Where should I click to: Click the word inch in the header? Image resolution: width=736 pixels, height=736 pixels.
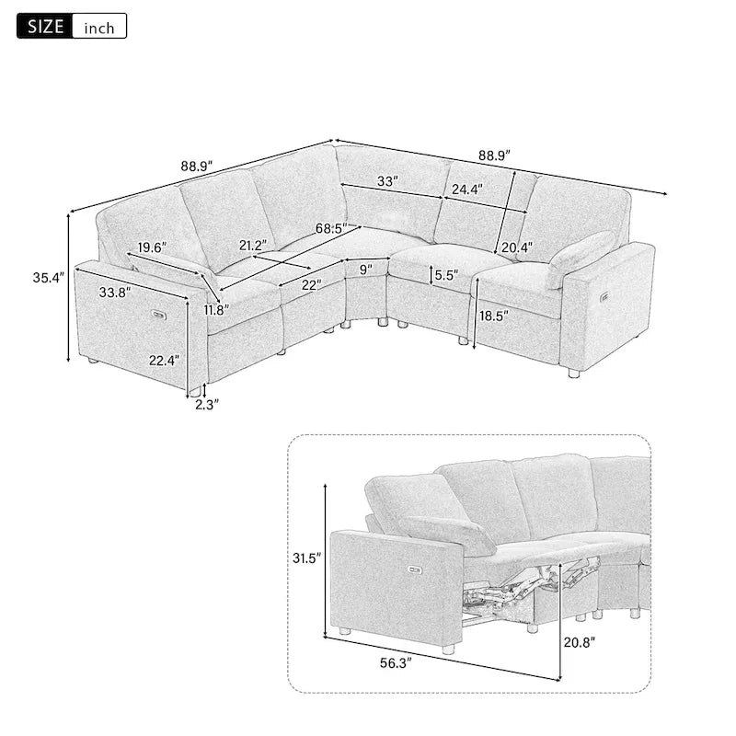click(x=99, y=27)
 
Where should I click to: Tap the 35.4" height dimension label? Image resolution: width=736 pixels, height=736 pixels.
click(x=48, y=277)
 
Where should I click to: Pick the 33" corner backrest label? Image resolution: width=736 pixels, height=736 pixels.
click(x=387, y=181)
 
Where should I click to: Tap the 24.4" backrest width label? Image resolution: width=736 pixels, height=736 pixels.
click(x=466, y=190)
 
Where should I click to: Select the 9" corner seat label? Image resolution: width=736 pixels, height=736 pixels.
click(x=367, y=270)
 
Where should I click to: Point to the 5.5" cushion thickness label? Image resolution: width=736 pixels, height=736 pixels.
click(x=447, y=274)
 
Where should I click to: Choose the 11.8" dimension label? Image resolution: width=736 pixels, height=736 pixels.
click(x=218, y=310)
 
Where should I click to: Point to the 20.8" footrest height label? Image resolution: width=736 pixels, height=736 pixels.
click(x=581, y=641)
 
